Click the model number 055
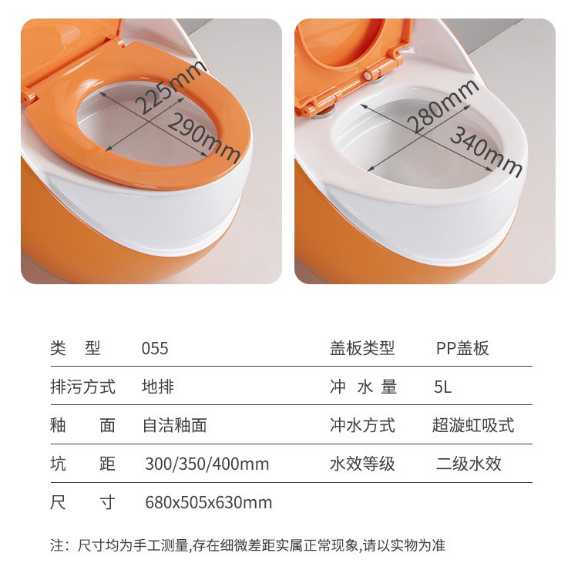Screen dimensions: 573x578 [x=155, y=348]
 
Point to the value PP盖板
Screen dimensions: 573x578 [x=462, y=348]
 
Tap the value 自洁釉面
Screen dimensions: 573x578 [x=174, y=424]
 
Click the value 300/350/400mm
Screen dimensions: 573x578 [x=207, y=464]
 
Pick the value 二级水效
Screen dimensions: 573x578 [x=468, y=464]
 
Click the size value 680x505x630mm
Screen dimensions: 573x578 [x=208, y=503]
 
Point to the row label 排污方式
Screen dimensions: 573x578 [x=82, y=386]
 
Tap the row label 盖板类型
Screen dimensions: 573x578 [x=362, y=348]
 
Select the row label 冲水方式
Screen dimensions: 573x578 [x=362, y=424]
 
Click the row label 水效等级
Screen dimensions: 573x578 [x=362, y=464]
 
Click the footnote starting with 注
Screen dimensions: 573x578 [x=247, y=546]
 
